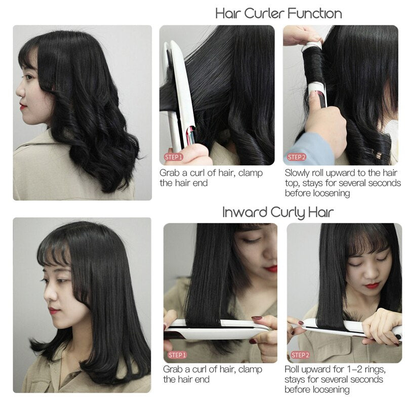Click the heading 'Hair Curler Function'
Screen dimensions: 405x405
click(278, 14)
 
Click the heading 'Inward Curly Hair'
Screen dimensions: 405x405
click(278, 212)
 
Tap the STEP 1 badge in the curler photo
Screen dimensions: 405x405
click(174, 157)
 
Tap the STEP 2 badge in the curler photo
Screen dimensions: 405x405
click(297, 157)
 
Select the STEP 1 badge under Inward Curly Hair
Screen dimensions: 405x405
click(177, 355)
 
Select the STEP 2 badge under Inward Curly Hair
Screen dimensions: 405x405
click(300, 355)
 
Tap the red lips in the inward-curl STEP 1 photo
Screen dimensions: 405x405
click(272, 269)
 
